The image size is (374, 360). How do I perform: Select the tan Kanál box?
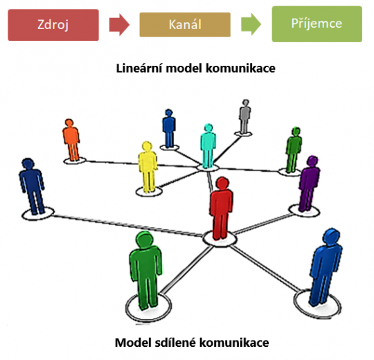coord(184,24)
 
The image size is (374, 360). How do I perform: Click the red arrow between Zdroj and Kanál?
coord(120,25)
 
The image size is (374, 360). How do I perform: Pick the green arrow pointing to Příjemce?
coord(251,25)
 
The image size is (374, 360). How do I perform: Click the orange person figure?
coord(71,141)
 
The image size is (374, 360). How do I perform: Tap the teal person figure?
coord(208,146)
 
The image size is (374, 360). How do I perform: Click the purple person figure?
coord(309,183)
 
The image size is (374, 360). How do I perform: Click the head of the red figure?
coord(222,184)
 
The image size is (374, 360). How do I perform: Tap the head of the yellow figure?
coord(147,147)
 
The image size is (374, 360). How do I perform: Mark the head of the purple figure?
coord(312,161)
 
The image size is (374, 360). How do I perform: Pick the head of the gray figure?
coord(244,104)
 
